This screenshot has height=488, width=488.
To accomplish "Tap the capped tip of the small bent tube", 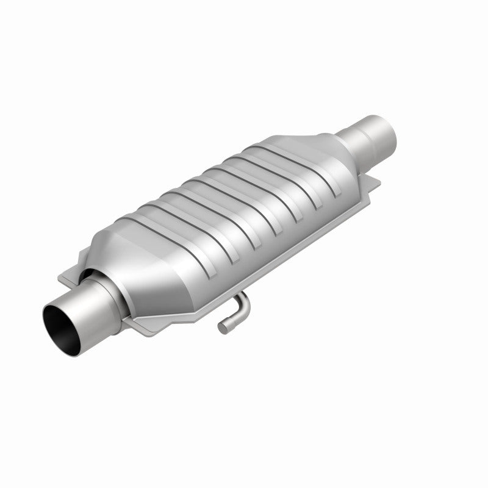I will click(x=223, y=328).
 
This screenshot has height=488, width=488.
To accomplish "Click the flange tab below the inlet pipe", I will click(x=143, y=326).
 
